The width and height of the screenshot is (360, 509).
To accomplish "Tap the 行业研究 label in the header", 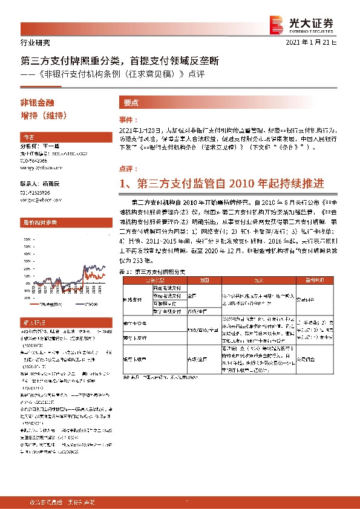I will pos(31,43).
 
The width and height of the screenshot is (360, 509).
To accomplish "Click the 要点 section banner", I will pos(131,103).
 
